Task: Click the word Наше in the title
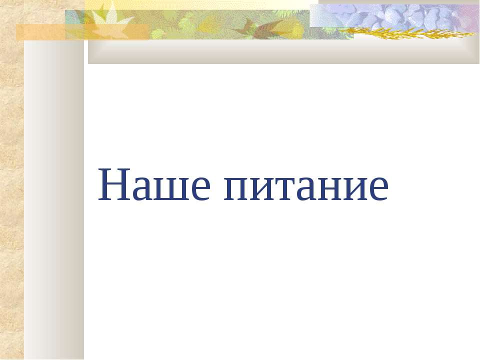(x=154, y=184)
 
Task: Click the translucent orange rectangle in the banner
(x=82, y=32)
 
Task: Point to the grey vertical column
(x=54, y=199)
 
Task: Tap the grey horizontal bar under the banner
(x=283, y=51)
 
